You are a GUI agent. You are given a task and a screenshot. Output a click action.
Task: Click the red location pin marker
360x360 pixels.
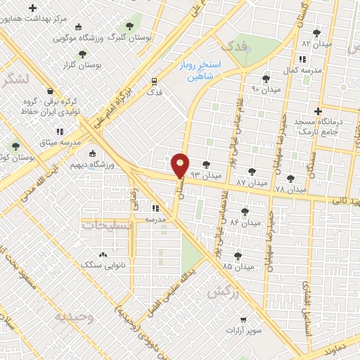pyautogui.click(x=180, y=166)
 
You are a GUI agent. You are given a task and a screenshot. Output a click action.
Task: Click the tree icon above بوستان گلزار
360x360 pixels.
pyautogui.click(x=82, y=53)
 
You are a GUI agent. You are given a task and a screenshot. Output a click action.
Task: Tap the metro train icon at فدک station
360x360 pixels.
pyautogui.click(x=154, y=80)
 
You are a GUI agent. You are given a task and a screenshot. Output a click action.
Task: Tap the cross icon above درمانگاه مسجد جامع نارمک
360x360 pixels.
pyautogui.click(x=318, y=110)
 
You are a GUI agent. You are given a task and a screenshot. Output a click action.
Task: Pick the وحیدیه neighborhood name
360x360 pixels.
pyautogui.click(x=74, y=316)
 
